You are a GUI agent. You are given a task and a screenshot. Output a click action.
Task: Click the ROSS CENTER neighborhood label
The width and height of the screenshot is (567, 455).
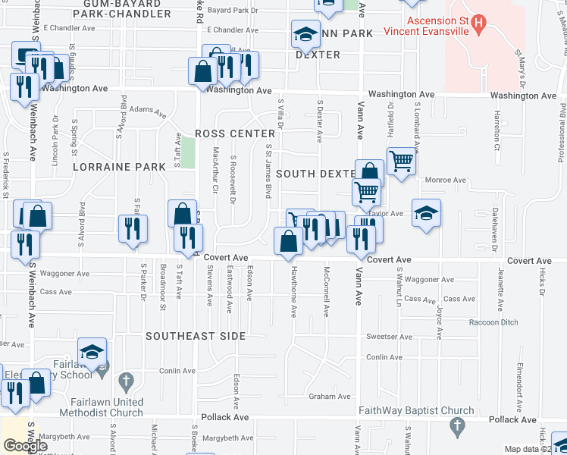coord(227,133)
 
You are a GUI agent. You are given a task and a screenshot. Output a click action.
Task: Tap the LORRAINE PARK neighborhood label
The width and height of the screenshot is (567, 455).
coord(108,166)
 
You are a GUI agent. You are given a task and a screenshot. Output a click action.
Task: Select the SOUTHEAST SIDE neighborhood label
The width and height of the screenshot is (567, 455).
coord(196,336)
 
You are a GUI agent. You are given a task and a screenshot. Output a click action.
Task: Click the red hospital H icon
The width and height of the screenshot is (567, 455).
coord(478,24)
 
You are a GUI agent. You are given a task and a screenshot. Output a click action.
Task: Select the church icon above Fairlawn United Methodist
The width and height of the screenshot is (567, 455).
coord(127,381)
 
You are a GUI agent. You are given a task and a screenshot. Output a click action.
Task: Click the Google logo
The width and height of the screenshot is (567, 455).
coord(26,446)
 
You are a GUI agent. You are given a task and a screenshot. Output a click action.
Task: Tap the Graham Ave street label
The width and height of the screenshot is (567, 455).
coord(329,397)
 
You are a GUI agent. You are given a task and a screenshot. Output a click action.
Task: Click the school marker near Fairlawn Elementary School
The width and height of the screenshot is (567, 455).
coord(92,351)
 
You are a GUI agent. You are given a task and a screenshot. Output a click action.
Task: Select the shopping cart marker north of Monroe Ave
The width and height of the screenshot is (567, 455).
coord(401,160)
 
